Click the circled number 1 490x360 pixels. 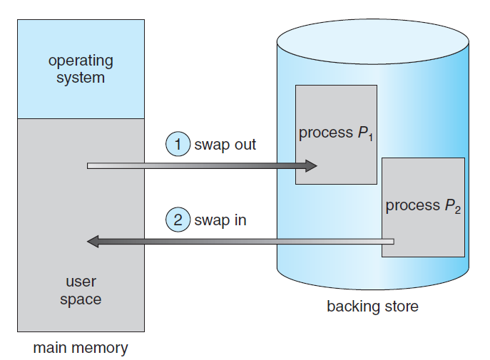point(178,145)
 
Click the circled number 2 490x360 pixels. point(178,220)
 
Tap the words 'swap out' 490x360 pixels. point(225,145)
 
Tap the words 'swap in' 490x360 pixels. point(220,220)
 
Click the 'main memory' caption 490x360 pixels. point(81,349)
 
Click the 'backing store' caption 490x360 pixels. point(372,307)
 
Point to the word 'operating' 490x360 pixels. point(81,61)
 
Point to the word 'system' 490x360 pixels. point(81,77)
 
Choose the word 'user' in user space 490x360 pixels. point(81,282)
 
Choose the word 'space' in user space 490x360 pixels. point(81,299)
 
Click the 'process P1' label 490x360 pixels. point(335,133)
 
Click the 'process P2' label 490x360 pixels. point(423,206)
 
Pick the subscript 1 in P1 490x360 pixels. point(369,138)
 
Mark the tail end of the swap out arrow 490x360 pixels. point(90,166)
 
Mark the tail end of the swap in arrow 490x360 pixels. point(391,242)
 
